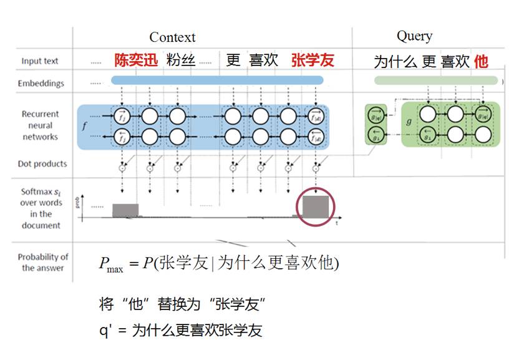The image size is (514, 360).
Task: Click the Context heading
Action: click(172, 37)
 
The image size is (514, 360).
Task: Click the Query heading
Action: click(414, 36)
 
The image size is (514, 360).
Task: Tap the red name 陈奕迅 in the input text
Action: click(137, 61)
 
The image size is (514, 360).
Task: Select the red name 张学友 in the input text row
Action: click(313, 61)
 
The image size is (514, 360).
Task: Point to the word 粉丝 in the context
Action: click(181, 61)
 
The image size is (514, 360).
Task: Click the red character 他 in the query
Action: click(480, 61)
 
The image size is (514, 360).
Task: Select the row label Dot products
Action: click(42, 163)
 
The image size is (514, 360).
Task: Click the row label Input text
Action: click(39, 61)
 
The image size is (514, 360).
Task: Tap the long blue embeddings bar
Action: click(217, 80)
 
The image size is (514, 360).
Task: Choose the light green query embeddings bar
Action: click(436, 80)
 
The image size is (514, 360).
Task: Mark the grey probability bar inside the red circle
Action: click(316, 206)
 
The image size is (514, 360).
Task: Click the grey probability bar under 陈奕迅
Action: click(125, 210)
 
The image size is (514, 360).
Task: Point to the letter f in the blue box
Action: click(84, 125)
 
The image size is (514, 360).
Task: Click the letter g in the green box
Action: click(409, 122)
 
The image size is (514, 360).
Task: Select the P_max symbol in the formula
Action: click(110, 265)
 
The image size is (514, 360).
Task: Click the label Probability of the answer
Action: click(42, 262)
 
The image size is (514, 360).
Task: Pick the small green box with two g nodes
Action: click(376, 125)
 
